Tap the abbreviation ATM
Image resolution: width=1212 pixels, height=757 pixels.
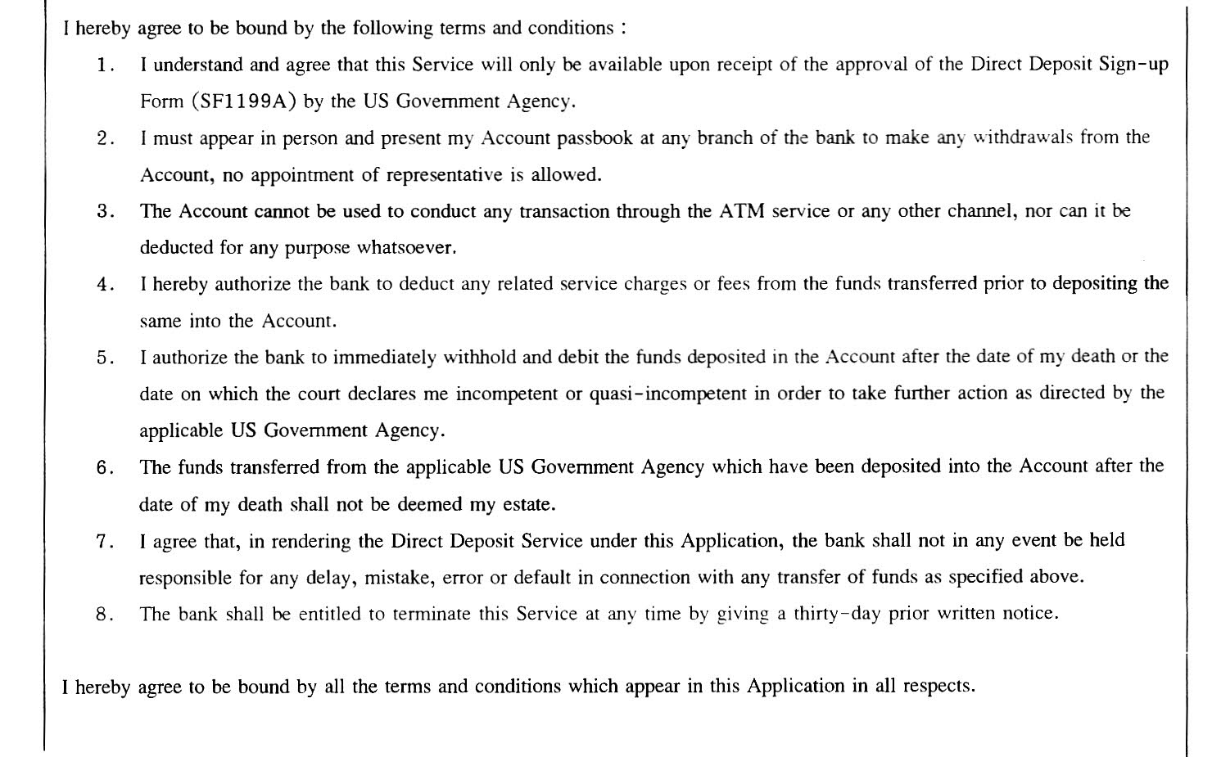(742, 211)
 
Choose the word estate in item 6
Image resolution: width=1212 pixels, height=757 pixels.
(529, 504)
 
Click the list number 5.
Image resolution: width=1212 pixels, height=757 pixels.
(103, 358)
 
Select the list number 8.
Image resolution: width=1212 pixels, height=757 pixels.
(103, 614)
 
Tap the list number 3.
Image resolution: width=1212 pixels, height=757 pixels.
(103, 211)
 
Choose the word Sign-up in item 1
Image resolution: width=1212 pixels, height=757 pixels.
(1133, 65)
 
